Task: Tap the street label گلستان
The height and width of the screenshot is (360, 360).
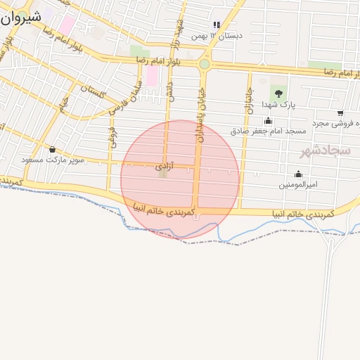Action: pyautogui.click(x=93, y=91)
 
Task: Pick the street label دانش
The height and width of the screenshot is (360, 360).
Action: pyautogui.click(x=169, y=89)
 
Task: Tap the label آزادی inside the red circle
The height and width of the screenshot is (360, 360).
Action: pyautogui.click(x=163, y=167)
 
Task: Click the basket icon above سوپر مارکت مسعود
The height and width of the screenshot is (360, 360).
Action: pyautogui.click(x=53, y=149)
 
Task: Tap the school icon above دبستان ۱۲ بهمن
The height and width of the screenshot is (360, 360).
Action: pyautogui.click(x=217, y=24)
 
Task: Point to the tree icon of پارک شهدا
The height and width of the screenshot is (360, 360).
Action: pyautogui.click(x=278, y=92)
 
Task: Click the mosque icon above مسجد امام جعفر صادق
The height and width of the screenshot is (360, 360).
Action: pyautogui.click(x=268, y=120)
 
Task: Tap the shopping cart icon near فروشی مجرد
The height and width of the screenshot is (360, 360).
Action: pyautogui.click(x=340, y=113)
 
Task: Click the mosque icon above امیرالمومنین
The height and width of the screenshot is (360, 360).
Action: pyautogui.click(x=298, y=174)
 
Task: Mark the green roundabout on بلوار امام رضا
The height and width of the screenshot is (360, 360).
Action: pyautogui.click(x=205, y=64)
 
